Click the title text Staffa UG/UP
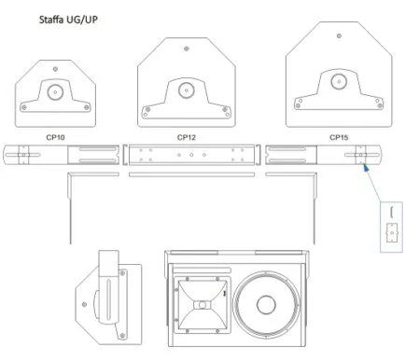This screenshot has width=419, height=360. coord(68,20)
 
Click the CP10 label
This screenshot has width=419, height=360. coord(55,137)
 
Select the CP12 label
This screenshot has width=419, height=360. coord(187,137)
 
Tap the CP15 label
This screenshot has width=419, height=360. coord(339,137)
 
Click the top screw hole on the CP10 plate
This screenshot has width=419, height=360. coord(55,69)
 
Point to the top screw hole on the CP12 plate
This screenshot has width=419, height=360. coord(187,48)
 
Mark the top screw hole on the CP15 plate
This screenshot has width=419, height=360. coord(339,35)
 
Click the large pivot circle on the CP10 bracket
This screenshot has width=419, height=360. coord(55,92)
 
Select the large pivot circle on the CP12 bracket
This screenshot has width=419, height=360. coord(187,90)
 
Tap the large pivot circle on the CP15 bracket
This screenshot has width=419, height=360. coord(339,81)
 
